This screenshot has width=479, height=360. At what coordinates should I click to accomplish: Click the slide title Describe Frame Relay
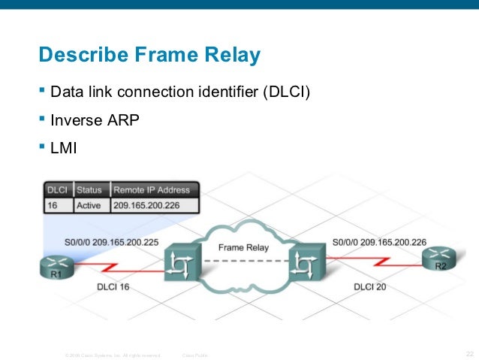(149, 55)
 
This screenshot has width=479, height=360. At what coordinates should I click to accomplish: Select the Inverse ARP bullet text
(95, 119)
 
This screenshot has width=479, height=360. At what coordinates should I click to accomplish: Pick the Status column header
(90, 189)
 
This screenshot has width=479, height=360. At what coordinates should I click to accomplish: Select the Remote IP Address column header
(156, 189)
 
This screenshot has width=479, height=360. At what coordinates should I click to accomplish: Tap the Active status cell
(89, 204)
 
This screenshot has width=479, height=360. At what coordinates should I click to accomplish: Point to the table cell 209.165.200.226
(155, 204)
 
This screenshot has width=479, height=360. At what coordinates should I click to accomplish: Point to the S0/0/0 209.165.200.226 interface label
(380, 242)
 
